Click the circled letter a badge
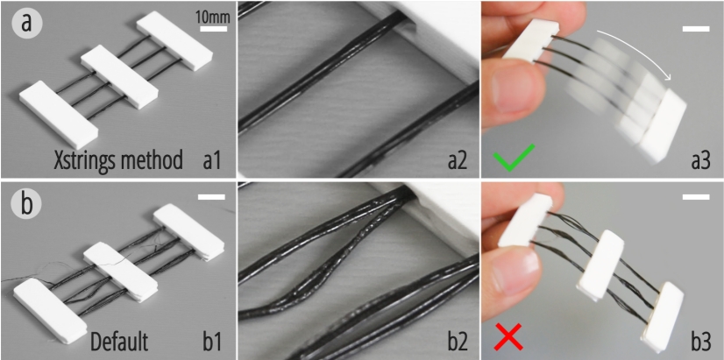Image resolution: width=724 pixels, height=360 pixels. [27, 23]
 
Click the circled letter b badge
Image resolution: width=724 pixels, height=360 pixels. [27, 203]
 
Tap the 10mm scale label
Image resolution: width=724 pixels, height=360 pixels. [213, 18]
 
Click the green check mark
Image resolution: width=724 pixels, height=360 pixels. [514, 158]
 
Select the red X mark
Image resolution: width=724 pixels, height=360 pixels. [509, 336]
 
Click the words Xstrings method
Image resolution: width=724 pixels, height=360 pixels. [118, 161]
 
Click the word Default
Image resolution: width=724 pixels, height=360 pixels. [119, 342]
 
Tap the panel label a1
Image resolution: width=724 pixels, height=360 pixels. [211, 161]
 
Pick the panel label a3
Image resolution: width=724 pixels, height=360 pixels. [699, 161]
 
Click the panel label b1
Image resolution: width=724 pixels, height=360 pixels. [211, 342]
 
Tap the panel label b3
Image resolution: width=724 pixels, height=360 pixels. [699, 342]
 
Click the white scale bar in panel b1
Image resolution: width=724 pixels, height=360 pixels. [211, 197]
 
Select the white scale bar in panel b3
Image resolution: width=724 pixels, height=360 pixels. [696, 197]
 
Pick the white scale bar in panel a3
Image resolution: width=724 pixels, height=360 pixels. [696, 29]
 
